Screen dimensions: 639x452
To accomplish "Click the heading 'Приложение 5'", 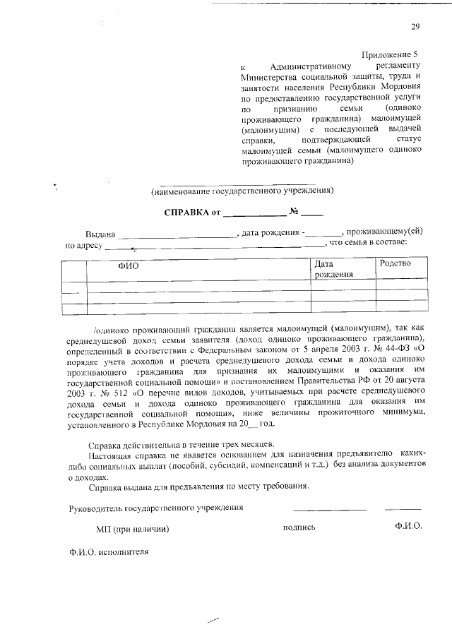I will (391, 54).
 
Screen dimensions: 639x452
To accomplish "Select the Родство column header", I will (395, 263).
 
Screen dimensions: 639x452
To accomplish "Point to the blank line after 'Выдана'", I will (177, 235).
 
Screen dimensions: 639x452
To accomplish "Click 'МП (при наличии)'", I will (132, 527).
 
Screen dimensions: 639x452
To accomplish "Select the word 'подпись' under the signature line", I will (299, 527).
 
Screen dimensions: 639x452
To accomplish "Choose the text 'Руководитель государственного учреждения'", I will (156, 508).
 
